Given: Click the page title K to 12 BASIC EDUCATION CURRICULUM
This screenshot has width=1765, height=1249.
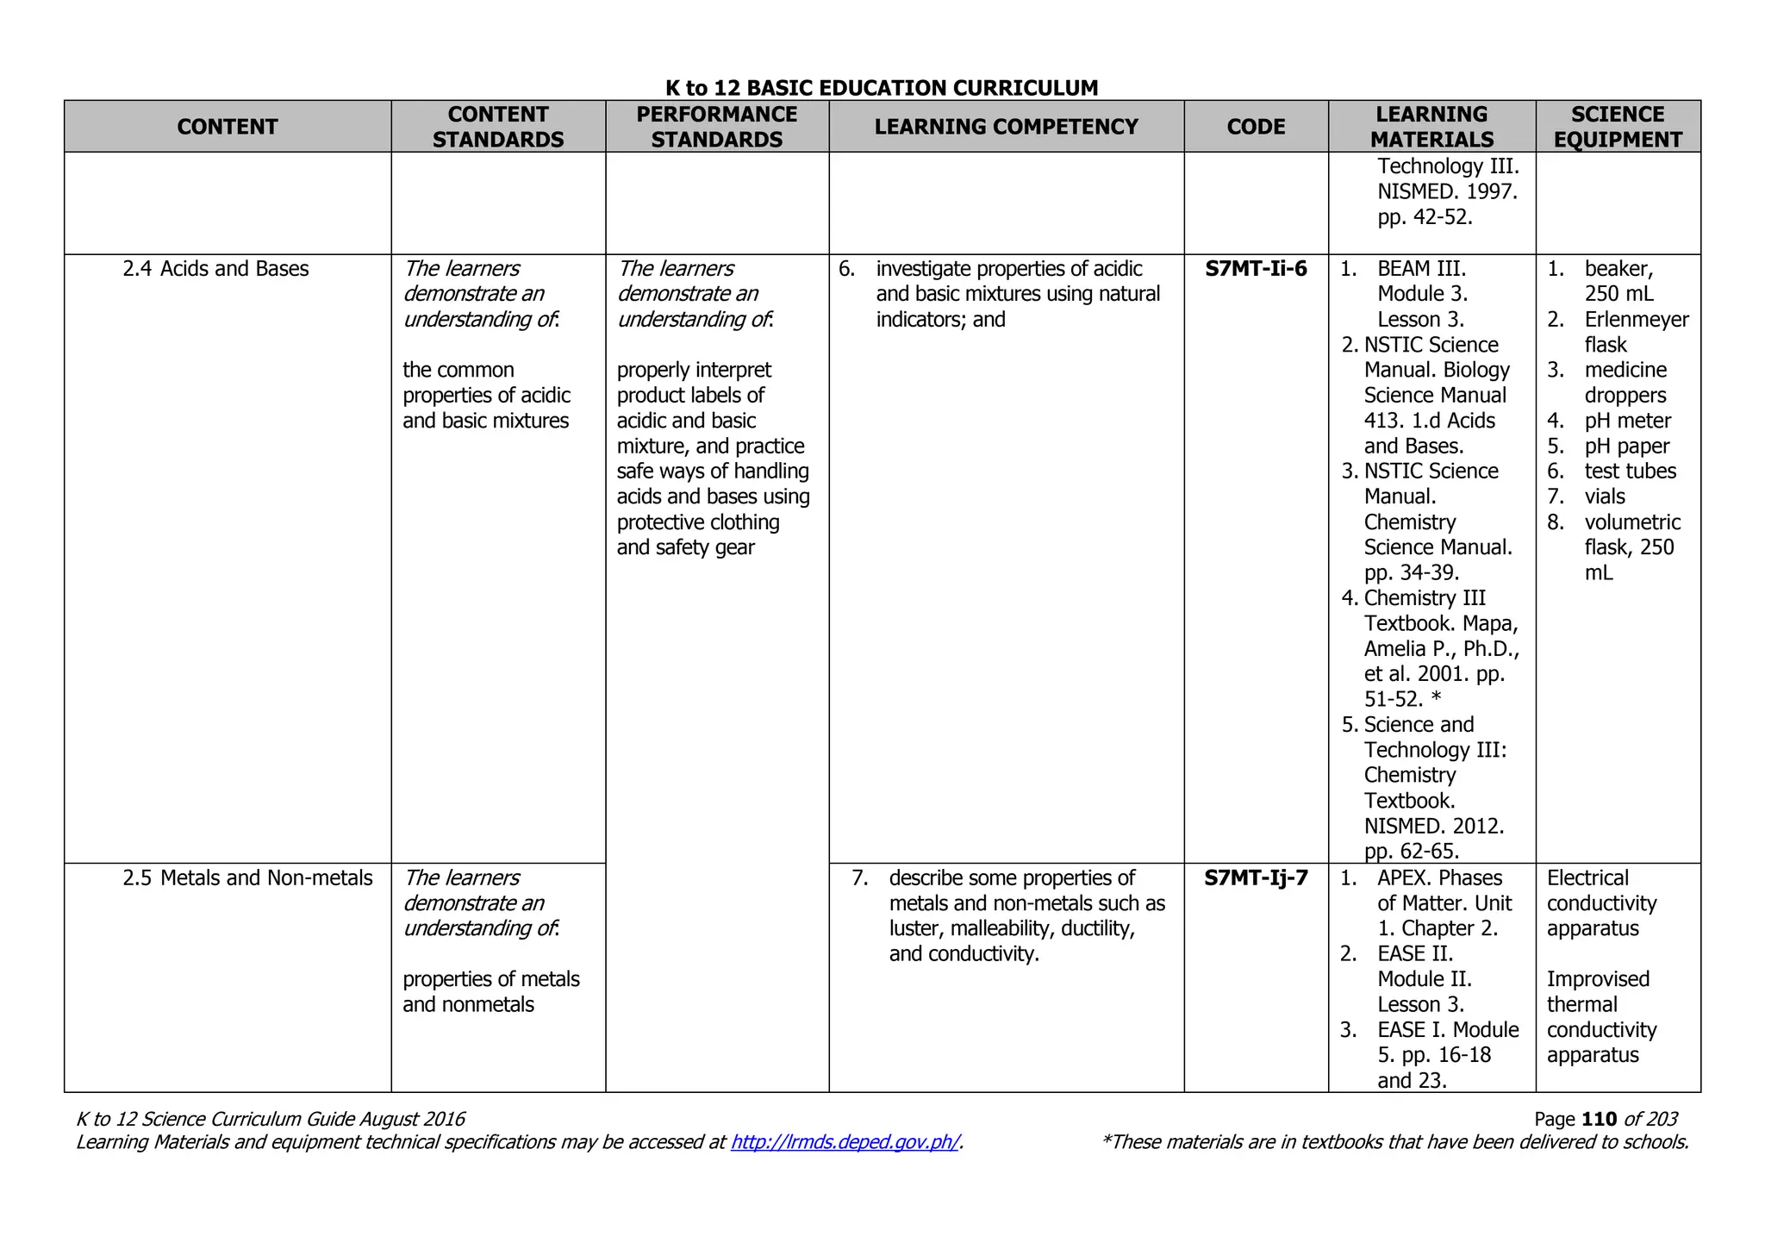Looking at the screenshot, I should [882, 88].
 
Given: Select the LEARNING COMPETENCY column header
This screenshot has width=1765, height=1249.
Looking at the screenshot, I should [1006, 127].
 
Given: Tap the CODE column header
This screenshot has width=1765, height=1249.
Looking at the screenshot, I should [1256, 127].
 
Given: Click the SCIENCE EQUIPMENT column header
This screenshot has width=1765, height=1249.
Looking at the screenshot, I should [1618, 127].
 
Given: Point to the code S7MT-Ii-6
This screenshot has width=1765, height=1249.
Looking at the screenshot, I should [1256, 269].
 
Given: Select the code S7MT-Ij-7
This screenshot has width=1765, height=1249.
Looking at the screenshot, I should [1256, 878].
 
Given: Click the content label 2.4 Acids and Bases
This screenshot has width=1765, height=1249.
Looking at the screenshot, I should [215, 269].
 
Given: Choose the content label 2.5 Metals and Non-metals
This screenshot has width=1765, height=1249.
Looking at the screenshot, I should [247, 878].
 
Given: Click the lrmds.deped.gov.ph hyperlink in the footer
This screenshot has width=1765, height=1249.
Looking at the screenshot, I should [845, 1142].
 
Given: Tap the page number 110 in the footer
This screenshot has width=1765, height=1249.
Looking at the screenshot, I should [1600, 1119].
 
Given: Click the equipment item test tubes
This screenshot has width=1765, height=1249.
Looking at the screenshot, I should [1630, 471].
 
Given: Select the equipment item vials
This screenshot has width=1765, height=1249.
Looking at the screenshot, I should [1605, 496].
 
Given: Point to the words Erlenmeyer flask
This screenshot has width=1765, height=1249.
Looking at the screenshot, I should [1635, 332].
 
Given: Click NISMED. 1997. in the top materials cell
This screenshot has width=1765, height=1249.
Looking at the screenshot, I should [1447, 191].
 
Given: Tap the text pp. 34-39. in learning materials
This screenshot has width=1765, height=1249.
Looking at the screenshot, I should [1412, 572].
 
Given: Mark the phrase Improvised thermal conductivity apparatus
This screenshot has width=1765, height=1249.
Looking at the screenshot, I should [1601, 1017].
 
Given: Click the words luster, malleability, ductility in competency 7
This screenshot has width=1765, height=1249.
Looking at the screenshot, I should [1012, 928].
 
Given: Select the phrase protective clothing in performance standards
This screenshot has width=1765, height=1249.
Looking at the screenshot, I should [698, 522].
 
